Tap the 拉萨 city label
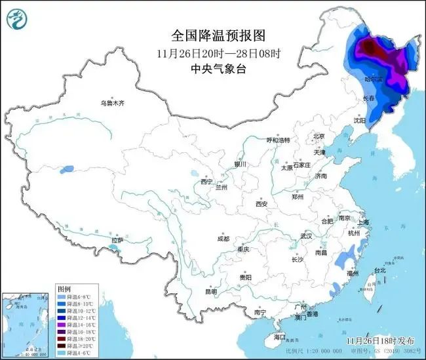click(x=117, y=241)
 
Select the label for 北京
click(x=319, y=136)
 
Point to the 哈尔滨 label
click(x=372, y=79)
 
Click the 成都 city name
click(x=223, y=239)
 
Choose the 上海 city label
click(x=362, y=222)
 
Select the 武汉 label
click(x=305, y=235)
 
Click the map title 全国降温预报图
click(x=212, y=35)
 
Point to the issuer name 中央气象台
click(x=212, y=68)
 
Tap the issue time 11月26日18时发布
click(x=379, y=341)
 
